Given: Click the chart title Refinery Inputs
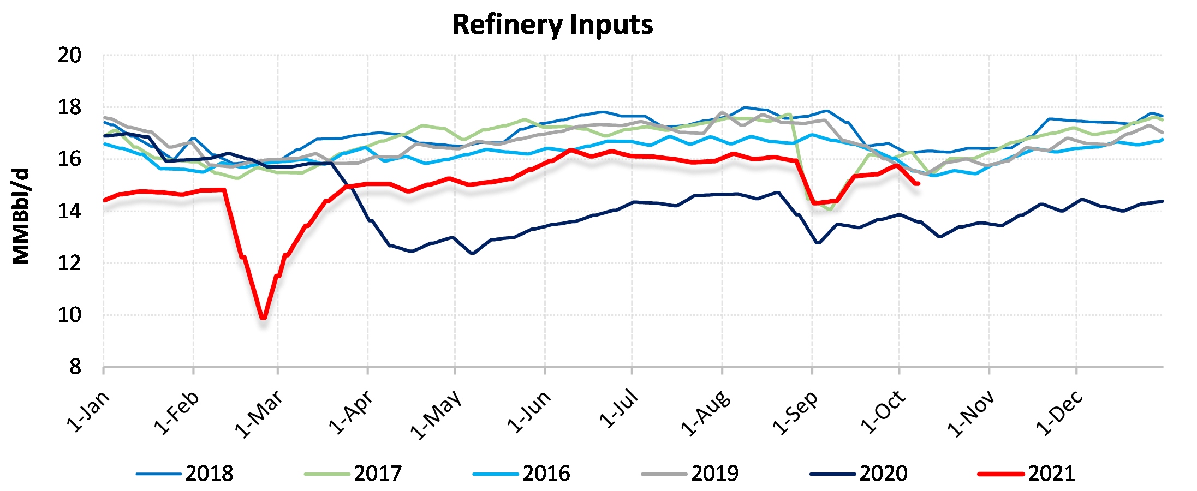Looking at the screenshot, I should [552, 25].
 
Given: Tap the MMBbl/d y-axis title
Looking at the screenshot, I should [21, 216].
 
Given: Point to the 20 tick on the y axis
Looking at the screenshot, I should [70, 55].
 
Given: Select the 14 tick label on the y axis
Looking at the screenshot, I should [70, 211].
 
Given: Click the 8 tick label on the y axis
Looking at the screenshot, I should [75, 367].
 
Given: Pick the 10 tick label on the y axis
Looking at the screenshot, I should [70, 315].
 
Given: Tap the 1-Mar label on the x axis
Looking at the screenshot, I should [259, 415].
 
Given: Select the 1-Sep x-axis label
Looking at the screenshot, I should [795, 414].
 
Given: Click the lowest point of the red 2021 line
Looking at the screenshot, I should [264, 317].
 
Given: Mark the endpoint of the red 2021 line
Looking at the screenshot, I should [918, 184].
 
